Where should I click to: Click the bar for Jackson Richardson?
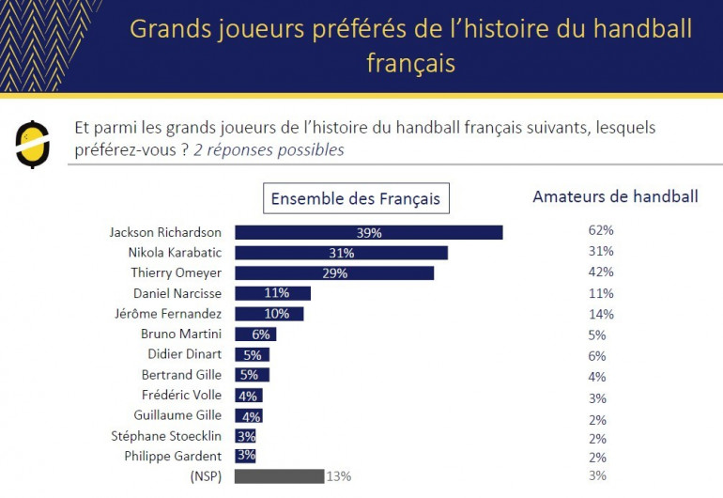[368, 232]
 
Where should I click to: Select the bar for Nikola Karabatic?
[341, 253]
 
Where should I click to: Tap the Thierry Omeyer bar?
[333, 273]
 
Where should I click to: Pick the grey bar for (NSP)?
[279, 476]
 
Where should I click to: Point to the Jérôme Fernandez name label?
[176, 314]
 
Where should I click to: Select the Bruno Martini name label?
[181, 335]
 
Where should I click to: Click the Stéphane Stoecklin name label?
[167, 436]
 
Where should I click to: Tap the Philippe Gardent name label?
[173, 457]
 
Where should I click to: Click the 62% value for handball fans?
[600, 230]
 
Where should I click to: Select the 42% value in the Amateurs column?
[600, 272]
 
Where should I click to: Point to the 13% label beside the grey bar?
[338, 476]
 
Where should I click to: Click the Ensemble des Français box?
[355, 199]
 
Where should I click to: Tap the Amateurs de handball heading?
[615, 196]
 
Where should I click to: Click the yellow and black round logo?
[33, 144]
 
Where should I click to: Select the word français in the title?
[410, 64]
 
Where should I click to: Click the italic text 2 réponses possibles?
[269, 150]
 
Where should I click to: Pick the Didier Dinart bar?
[252, 355]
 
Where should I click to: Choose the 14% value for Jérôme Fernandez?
[600, 315]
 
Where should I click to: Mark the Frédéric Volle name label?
[181, 396]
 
